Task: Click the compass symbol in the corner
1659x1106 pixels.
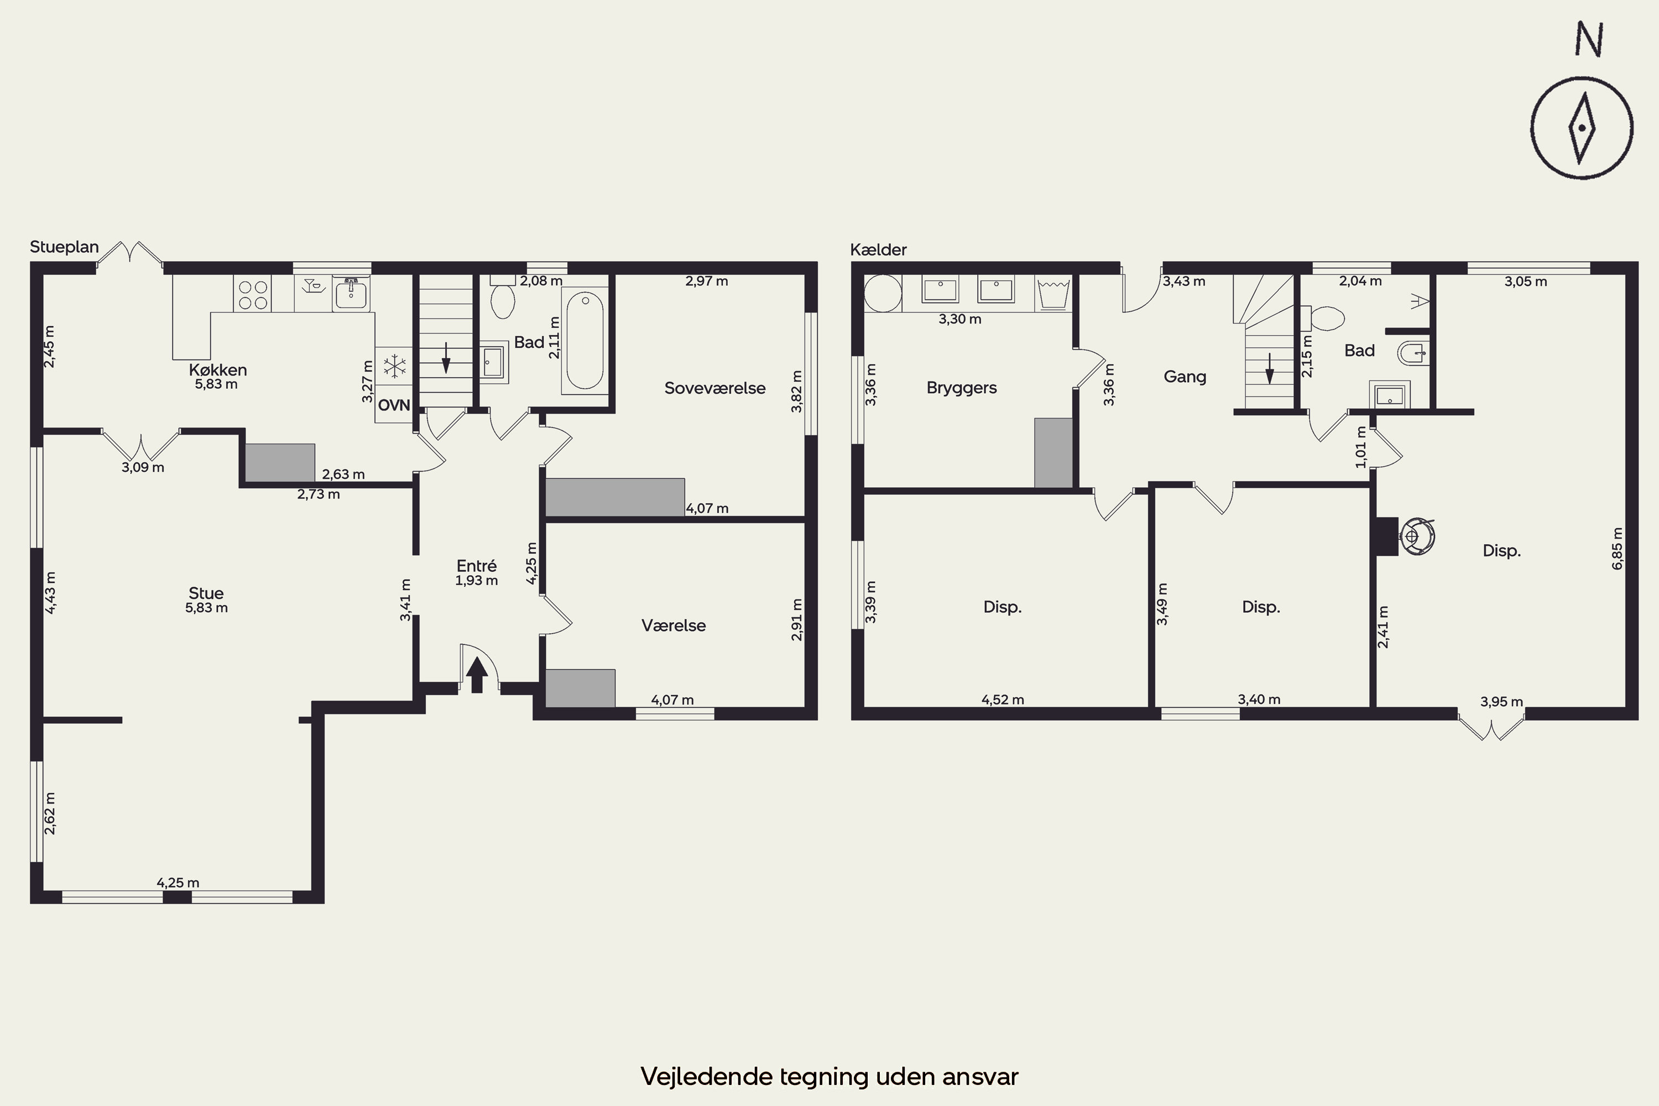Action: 1582,128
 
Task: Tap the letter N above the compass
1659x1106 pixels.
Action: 1589,39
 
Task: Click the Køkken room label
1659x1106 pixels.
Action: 218,369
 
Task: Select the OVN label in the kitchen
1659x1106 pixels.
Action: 394,405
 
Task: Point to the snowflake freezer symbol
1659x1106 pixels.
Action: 394,366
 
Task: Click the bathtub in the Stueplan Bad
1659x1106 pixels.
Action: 585,341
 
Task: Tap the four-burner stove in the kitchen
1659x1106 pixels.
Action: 253,295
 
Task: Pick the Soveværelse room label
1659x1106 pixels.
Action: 714,388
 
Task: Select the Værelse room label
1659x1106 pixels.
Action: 674,625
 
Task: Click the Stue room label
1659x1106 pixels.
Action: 206,593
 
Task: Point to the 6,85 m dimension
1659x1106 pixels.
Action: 1618,548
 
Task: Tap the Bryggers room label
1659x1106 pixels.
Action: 962,388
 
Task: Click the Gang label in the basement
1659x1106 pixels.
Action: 1185,377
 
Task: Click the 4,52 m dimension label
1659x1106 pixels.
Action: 1002,700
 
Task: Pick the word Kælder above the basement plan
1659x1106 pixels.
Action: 878,250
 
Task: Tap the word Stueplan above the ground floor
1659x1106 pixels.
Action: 64,247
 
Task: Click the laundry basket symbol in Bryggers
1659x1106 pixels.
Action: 1054,294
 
